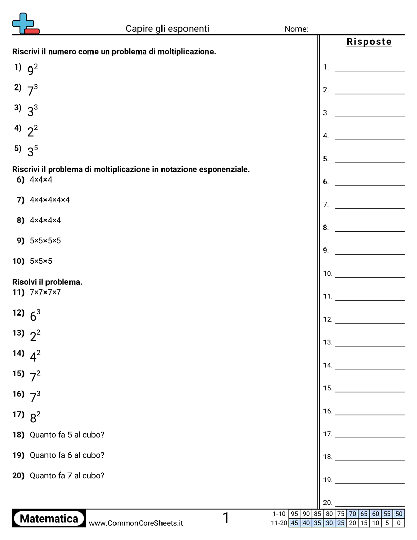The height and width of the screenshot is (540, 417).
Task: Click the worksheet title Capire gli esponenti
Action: tap(168, 29)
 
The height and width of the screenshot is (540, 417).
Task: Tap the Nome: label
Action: tap(296, 29)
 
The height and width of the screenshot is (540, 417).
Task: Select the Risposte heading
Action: tap(369, 42)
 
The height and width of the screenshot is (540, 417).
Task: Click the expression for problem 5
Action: tap(33, 151)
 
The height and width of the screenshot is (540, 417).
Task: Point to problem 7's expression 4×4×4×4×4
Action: tap(50, 200)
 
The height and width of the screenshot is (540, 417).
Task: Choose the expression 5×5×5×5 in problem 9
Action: tap(45, 241)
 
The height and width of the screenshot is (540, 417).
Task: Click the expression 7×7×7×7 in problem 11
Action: tap(45, 292)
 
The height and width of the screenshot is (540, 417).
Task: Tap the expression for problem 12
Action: tap(35, 316)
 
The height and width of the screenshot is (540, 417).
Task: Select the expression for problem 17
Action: tap(35, 417)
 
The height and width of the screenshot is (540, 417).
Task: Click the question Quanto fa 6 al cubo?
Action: tap(67, 455)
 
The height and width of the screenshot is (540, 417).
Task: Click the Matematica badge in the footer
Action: tap(49, 519)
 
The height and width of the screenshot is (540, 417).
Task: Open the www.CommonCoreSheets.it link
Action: tap(136, 523)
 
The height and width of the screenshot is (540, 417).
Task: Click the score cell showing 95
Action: tap(294, 514)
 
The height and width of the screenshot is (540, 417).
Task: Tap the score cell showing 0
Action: tap(399, 523)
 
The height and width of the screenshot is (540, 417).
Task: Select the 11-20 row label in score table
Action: tap(280, 523)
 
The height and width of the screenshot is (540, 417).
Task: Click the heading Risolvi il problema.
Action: tap(47, 282)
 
